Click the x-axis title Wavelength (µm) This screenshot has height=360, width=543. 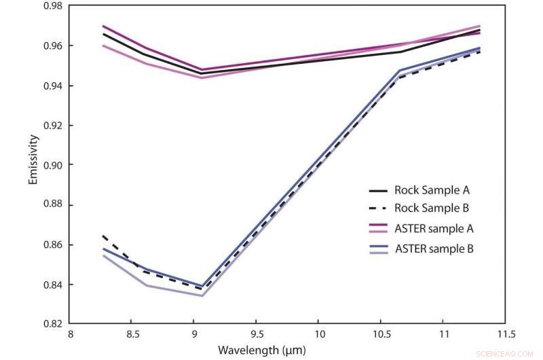(261, 350)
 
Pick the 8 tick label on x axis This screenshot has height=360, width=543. (69, 335)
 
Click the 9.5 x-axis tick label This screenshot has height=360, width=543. (256, 335)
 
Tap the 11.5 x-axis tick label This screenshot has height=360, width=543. (505, 335)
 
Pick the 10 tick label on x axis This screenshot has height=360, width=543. (318, 335)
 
